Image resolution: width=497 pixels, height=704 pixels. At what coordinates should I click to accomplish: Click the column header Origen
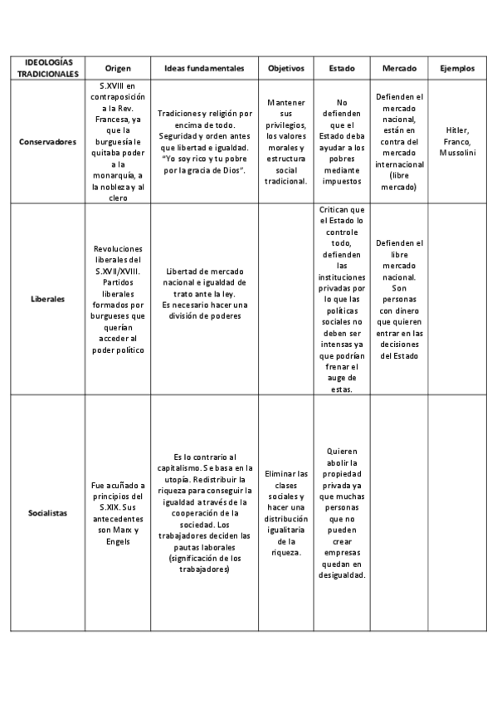[x=118, y=67]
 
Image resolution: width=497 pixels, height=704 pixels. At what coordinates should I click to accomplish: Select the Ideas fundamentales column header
[x=204, y=67]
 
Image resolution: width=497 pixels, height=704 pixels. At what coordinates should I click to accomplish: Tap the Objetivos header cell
[x=286, y=67]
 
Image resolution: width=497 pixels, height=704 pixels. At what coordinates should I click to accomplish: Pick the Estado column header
[x=341, y=67]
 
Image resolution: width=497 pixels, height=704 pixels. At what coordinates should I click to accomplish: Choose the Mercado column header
[x=399, y=67]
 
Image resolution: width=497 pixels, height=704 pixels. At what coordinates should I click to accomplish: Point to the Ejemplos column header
[x=456, y=67]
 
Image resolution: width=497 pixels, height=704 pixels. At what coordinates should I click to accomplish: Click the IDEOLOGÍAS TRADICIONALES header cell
[x=47, y=67]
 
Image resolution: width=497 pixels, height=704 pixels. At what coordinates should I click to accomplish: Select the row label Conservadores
[x=47, y=142]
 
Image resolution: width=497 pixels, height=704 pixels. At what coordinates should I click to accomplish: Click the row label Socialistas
[x=47, y=514]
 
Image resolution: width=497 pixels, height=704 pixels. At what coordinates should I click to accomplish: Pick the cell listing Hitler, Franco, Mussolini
[x=456, y=142]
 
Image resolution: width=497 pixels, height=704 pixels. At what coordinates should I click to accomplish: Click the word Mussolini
[x=456, y=153]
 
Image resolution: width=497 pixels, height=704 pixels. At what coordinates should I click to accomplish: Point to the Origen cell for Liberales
[x=118, y=299]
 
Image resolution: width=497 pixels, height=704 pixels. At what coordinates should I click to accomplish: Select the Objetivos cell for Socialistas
[x=286, y=512]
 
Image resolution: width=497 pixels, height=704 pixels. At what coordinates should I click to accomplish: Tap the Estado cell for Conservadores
[x=341, y=141]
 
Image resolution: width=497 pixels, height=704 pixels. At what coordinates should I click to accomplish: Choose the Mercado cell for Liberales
[x=399, y=299]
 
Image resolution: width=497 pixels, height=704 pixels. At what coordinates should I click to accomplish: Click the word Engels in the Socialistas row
[x=118, y=540]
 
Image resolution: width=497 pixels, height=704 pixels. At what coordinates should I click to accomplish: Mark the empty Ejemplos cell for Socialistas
[x=456, y=512]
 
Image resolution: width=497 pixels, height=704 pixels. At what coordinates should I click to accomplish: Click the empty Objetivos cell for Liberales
[x=286, y=299]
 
